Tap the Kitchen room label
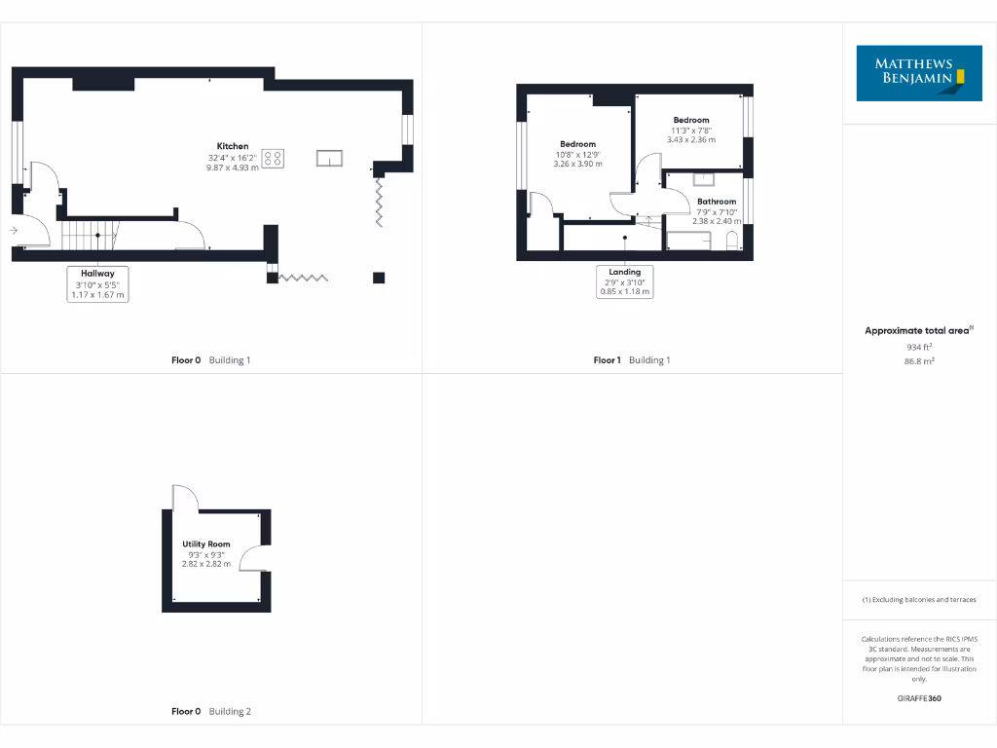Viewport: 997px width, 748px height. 232,146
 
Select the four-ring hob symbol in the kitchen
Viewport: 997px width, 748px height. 274,158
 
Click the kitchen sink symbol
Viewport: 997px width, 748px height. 329,158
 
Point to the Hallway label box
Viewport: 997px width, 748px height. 97,284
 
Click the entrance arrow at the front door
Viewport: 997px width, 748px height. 13,231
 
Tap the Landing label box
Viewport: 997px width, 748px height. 625,281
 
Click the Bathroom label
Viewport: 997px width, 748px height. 717,202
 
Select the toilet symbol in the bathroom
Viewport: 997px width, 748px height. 733,240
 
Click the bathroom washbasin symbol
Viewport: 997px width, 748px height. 705,178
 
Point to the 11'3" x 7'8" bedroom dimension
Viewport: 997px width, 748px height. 691,130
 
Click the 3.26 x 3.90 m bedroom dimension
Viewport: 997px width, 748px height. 577,164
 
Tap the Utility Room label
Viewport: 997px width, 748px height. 205,543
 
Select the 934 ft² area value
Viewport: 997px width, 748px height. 919,346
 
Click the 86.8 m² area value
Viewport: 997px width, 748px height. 919,360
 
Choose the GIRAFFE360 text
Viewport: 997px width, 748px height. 919,698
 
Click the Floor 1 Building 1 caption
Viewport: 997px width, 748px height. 632,360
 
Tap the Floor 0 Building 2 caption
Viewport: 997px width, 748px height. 211,711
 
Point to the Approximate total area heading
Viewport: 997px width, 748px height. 917,331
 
